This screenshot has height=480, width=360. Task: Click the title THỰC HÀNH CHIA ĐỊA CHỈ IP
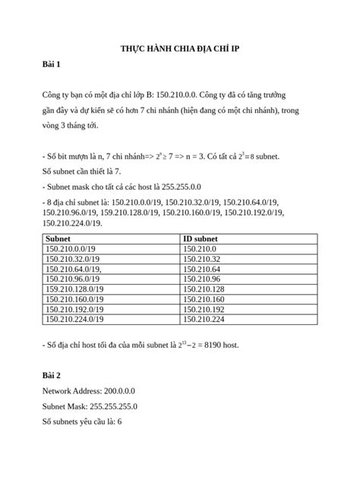tap(179, 49)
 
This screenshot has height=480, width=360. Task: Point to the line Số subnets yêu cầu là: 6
tap(83, 421)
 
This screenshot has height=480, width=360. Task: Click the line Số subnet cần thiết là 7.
tap(81, 172)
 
